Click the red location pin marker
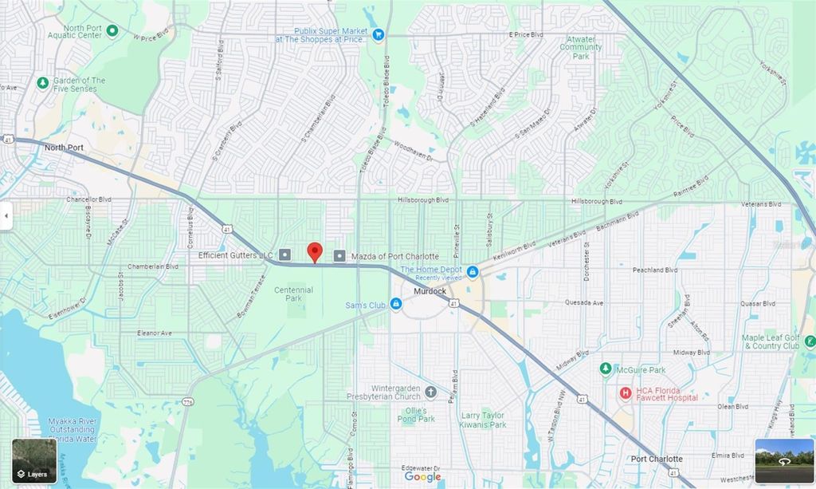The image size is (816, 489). point(315,251)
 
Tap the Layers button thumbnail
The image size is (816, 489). point(34,461)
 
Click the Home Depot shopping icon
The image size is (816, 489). point(473,272)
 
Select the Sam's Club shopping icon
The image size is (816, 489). point(395,305)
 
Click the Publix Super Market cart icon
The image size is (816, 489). point(379,34)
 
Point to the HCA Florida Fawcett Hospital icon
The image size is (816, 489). point(626,392)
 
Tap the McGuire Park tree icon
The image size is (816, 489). point(606,369)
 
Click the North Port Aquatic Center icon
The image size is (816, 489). point(112,31)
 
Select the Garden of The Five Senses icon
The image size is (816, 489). point(42,83)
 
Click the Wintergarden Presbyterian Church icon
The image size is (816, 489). point(430,392)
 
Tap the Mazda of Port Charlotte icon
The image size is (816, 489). point(339,255)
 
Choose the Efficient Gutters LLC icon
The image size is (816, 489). point(285,255)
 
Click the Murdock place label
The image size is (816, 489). point(430,292)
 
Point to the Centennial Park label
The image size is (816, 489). point(293,294)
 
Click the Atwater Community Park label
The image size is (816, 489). point(581,48)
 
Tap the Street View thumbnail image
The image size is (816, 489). point(784,460)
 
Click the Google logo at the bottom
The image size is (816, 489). point(422,477)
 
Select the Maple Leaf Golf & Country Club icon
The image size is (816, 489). point(810,341)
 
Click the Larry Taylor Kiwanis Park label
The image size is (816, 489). point(484,420)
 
